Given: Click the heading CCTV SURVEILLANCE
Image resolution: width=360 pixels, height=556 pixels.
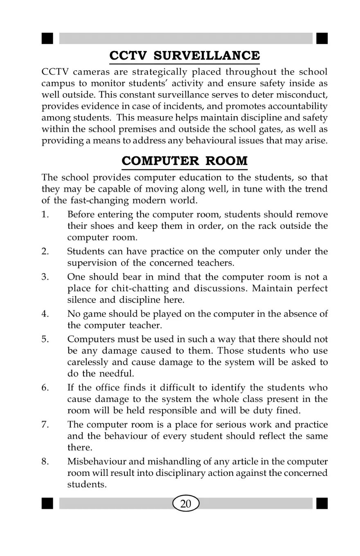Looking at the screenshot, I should point(184,56).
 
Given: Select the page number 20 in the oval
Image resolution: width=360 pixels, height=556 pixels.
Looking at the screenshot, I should point(185,504).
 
